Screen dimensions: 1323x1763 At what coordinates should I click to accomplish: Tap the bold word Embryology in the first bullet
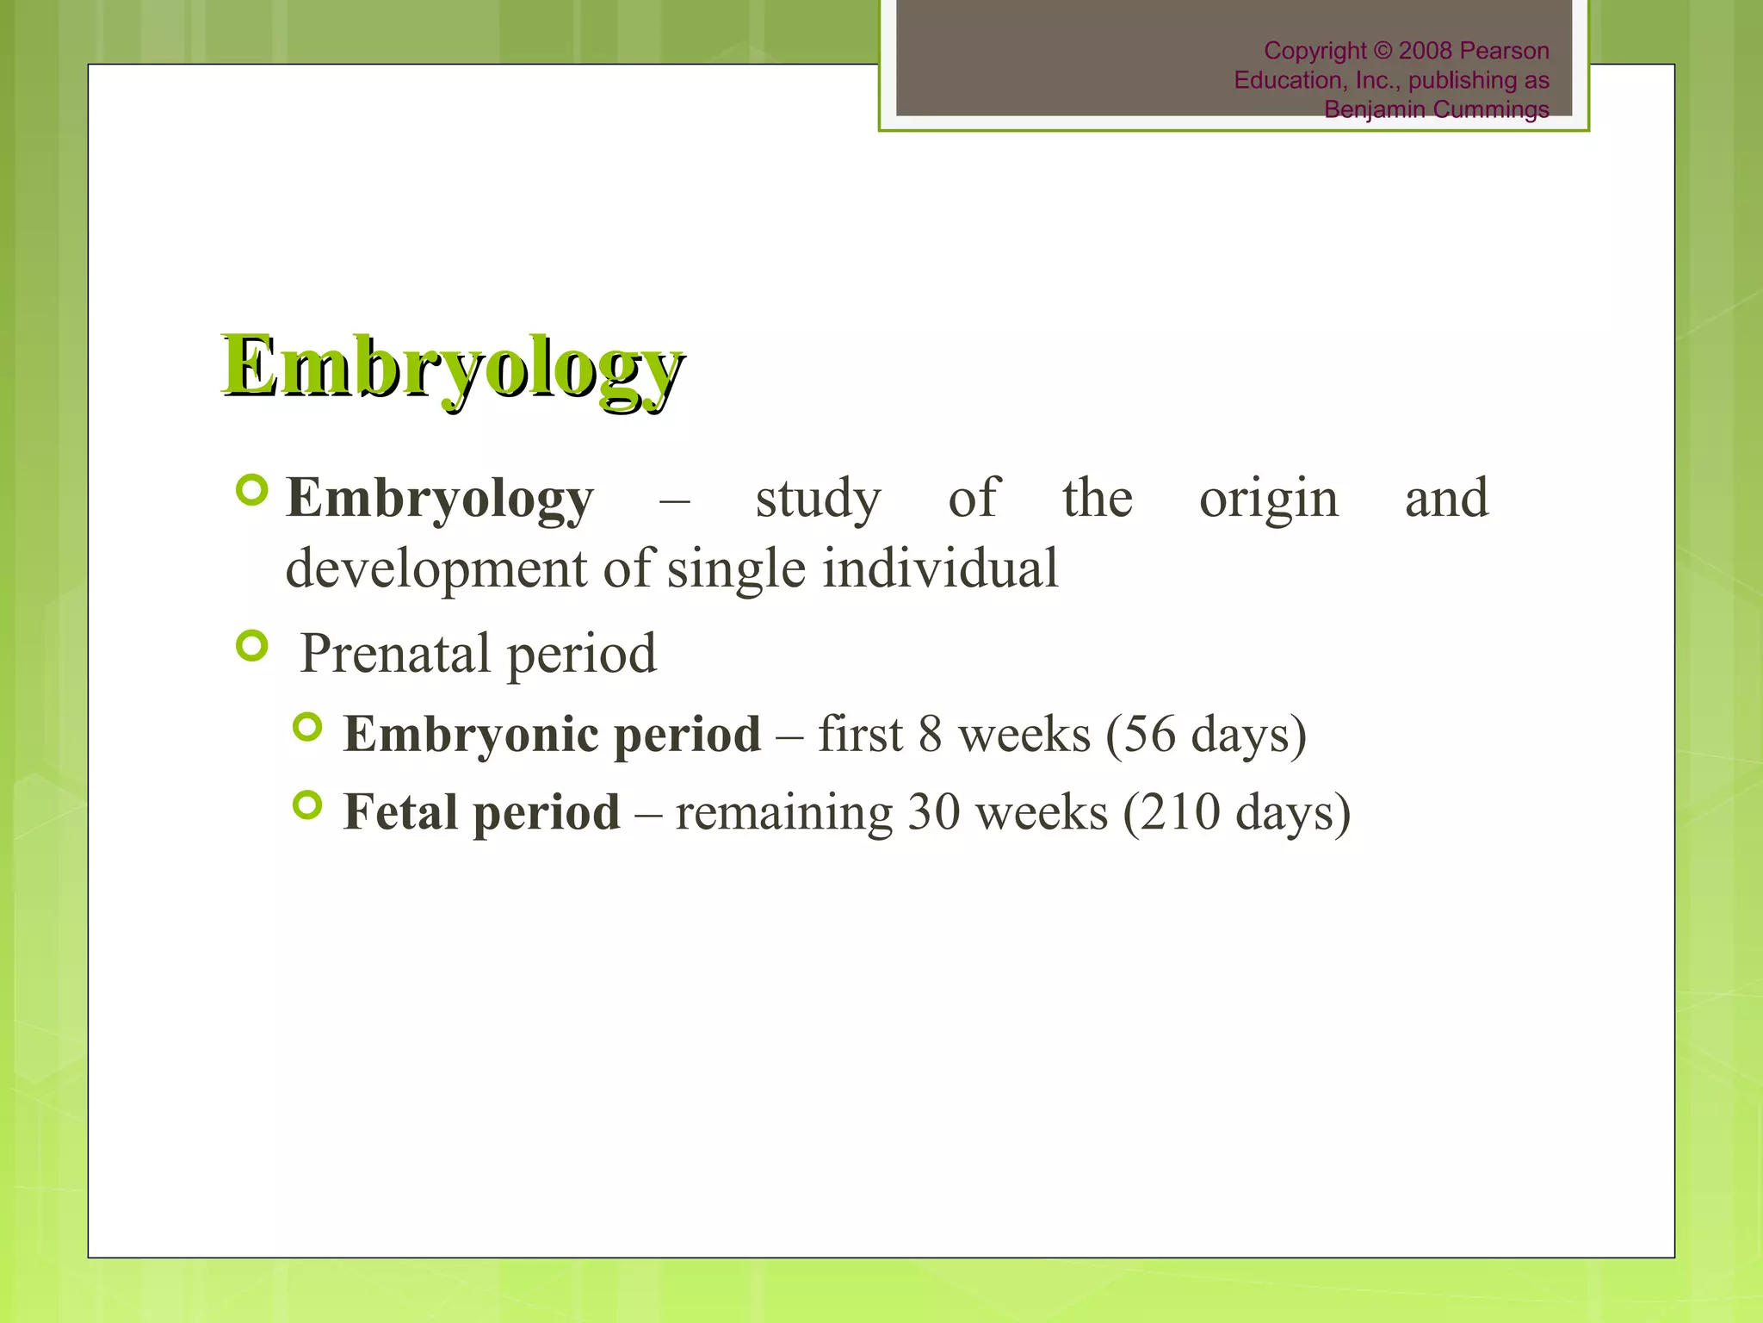pyautogui.click(x=440, y=500)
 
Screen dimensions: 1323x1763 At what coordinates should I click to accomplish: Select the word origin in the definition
pyautogui.click(x=1269, y=500)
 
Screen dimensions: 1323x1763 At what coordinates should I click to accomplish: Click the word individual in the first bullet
pyautogui.click(x=940, y=569)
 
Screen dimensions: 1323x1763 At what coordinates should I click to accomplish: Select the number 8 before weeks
pyautogui.click(x=931, y=735)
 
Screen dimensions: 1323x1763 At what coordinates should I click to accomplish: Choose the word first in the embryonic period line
pyautogui.click(x=860, y=735)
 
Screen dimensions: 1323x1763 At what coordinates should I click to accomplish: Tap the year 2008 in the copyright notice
pyautogui.click(x=1426, y=51)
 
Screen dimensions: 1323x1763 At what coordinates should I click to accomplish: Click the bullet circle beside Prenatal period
pyautogui.click(x=252, y=645)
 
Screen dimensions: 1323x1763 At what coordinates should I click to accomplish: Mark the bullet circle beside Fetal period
pyautogui.click(x=307, y=805)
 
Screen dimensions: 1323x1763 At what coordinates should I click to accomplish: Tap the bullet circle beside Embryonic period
pyautogui.click(x=307, y=728)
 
